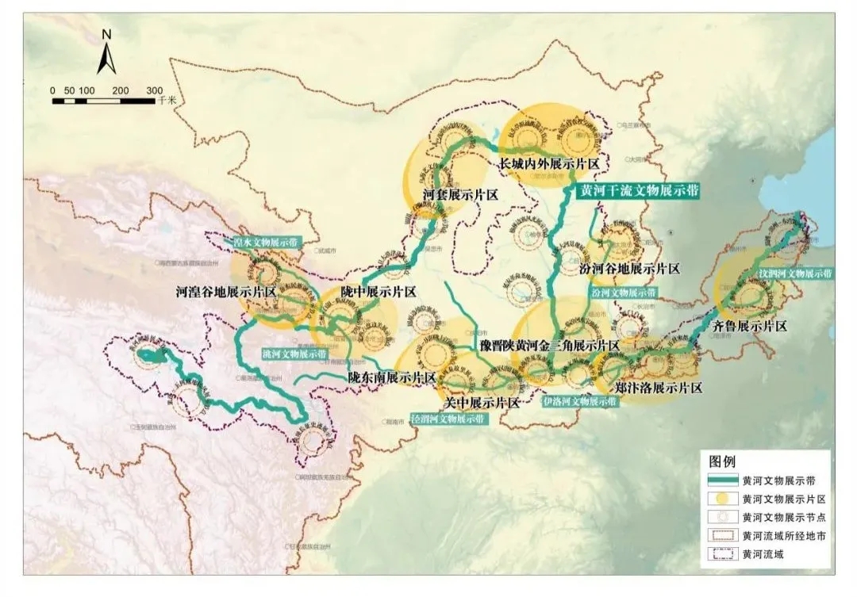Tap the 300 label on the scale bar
155,90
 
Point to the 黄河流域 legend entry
754,554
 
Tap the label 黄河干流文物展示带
641,191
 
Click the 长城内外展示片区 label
548,163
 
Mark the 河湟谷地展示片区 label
225,292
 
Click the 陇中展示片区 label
379,292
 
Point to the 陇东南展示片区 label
392,378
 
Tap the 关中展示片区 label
482,403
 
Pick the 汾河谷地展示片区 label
635,269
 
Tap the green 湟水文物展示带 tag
267,242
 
